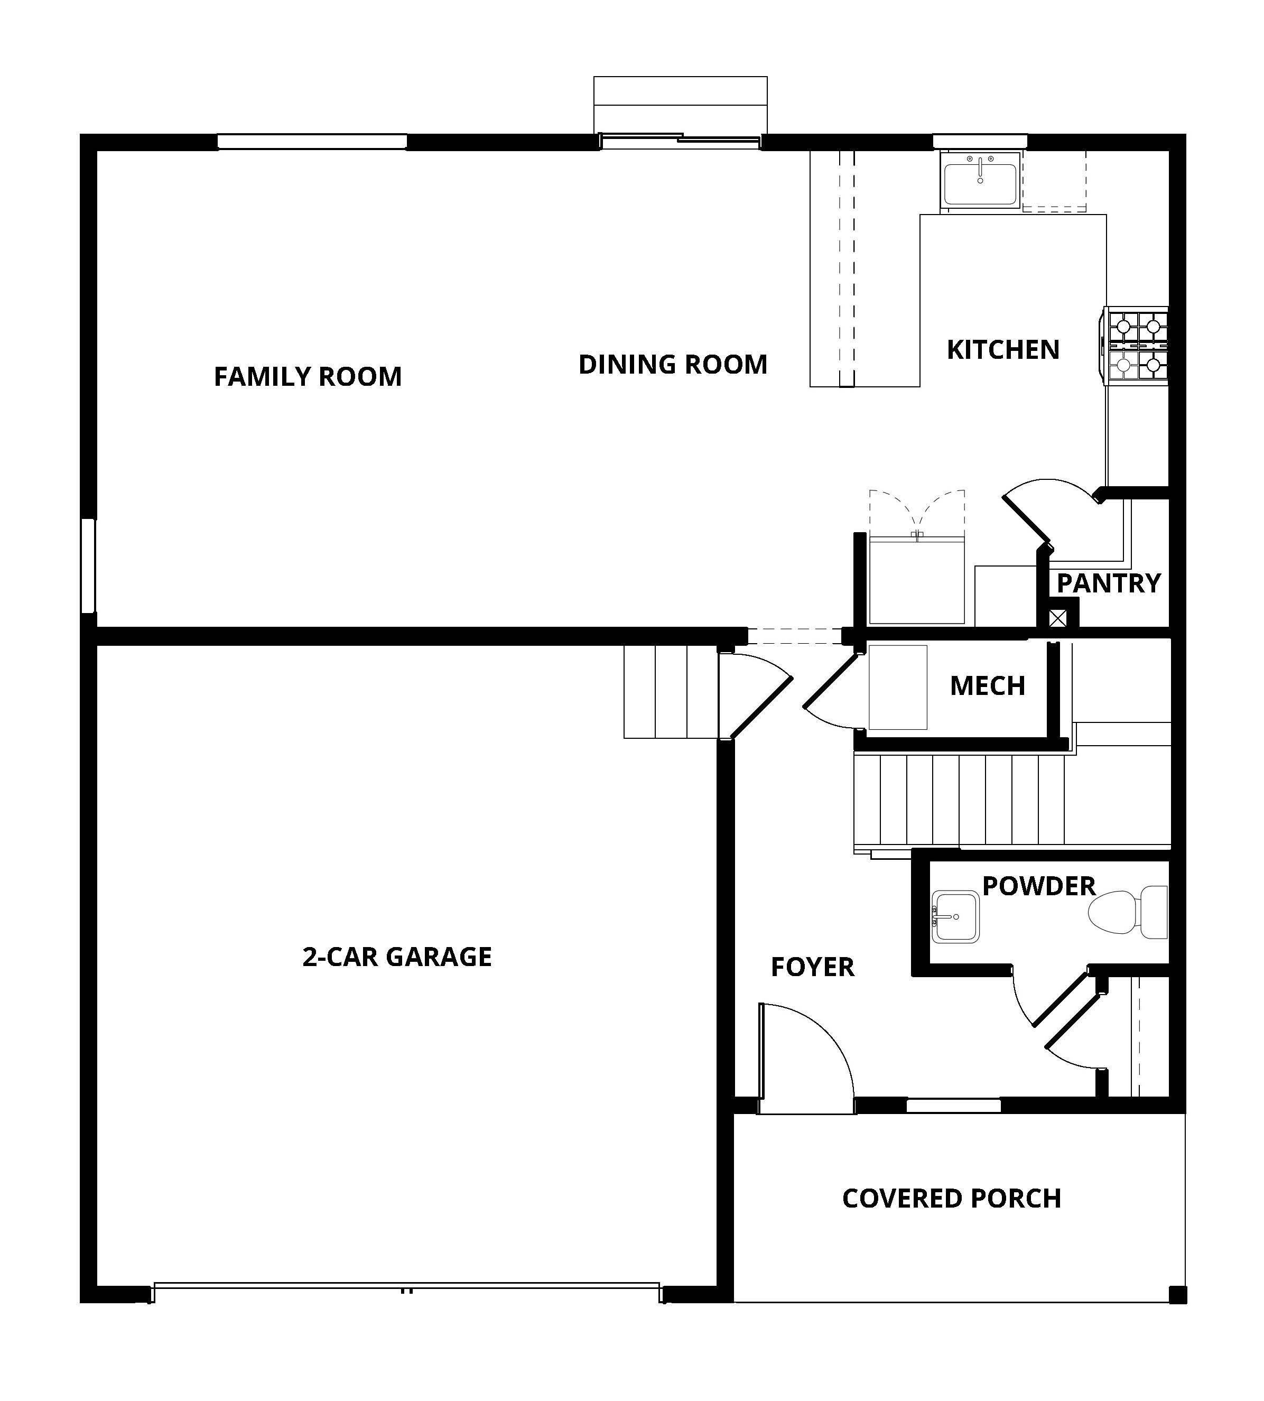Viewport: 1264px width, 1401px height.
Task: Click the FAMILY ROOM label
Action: point(308,376)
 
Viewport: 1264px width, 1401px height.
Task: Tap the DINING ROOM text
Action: point(672,365)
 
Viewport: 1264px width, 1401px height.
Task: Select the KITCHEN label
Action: point(1003,350)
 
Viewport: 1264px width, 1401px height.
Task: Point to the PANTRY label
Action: point(1109,583)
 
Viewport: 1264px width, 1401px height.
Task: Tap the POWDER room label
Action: point(1039,886)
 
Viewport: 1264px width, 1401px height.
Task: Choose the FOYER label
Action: point(813,968)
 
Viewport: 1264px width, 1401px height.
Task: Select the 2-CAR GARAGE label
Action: point(396,957)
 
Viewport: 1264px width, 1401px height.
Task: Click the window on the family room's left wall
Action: point(88,566)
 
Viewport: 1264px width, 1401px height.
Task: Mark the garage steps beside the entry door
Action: point(670,692)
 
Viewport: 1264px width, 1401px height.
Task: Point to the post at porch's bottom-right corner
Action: point(1178,1295)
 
